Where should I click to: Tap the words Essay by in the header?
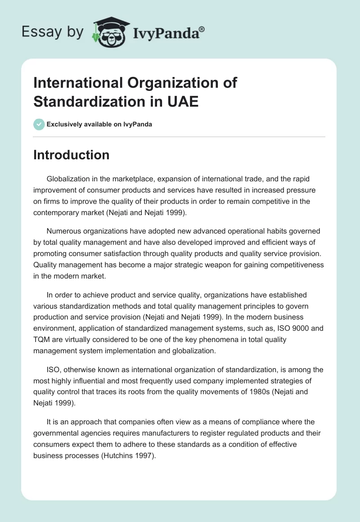pyautogui.click(x=52, y=32)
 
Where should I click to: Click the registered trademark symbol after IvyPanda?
pyautogui.click(x=202, y=29)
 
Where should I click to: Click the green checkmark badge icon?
pyautogui.click(x=39, y=124)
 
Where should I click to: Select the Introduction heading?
pyautogui.click(x=72, y=155)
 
